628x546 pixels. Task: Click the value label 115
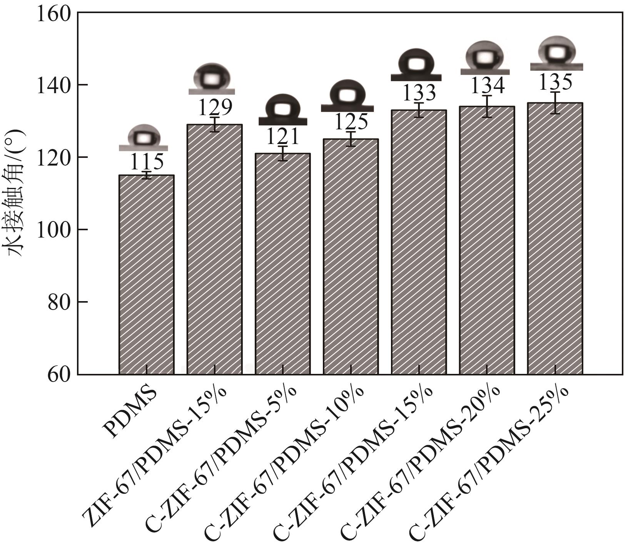146,162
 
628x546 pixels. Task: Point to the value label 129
215,108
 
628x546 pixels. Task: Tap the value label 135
555,82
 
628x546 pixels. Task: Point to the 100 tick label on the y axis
54,229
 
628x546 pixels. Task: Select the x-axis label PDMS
131,414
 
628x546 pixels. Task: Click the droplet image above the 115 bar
144,138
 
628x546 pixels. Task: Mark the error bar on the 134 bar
487,106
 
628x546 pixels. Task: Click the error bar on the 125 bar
351,139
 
